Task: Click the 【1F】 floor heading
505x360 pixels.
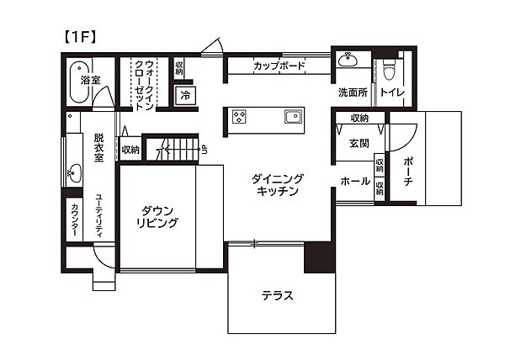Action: tap(79, 37)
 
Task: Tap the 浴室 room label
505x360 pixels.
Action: tap(90, 81)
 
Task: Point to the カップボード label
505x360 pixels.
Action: tap(278, 66)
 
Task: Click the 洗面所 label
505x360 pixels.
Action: tap(353, 91)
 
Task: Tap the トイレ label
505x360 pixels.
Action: tap(391, 91)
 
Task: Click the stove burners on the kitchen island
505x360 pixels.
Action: tap(239, 116)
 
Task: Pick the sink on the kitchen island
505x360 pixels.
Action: tap(292, 116)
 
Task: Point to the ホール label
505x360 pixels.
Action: tap(355, 181)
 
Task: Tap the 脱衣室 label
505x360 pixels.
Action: tap(98, 147)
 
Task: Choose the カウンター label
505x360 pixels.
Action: tap(75, 218)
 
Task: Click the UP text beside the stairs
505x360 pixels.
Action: tap(203, 151)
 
